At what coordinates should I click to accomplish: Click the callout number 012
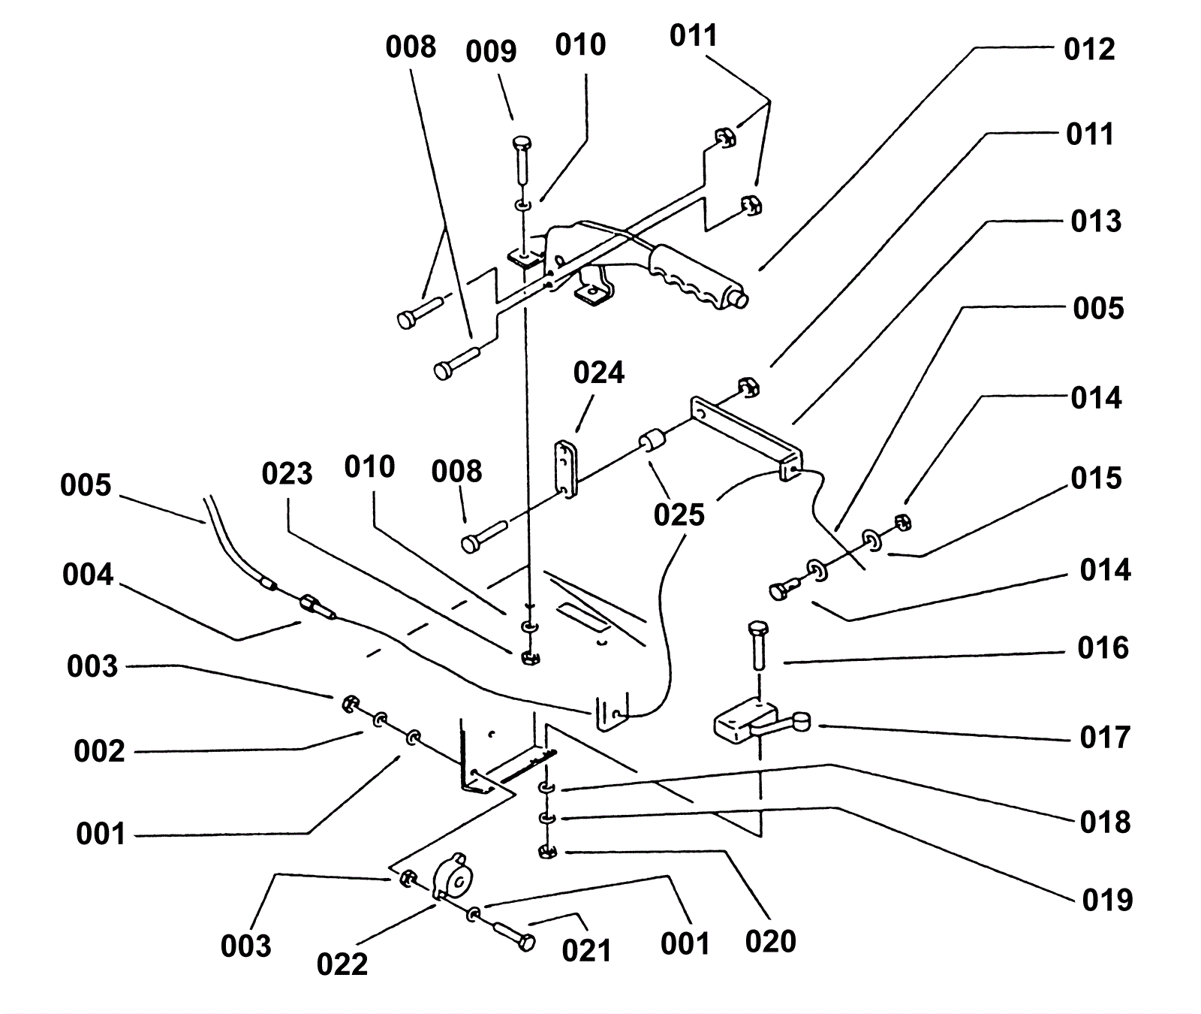pos(1089,50)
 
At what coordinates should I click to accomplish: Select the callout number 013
pos(1096,221)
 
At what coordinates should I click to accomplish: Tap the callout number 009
pos(491,52)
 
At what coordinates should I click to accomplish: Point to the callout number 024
pos(599,373)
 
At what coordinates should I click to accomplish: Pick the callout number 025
pos(679,515)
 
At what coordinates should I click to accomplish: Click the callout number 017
pos(1104,737)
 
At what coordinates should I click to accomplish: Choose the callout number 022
pos(342,964)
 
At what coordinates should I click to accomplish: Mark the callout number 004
pos(88,575)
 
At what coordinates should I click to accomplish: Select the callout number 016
pos(1103,647)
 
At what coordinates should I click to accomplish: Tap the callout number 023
pos(287,474)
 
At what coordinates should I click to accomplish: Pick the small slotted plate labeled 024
pos(564,469)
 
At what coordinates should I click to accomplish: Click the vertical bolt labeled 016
pos(757,645)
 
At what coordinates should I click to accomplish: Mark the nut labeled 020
pos(547,852)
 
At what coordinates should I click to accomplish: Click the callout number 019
pos(1107,899)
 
